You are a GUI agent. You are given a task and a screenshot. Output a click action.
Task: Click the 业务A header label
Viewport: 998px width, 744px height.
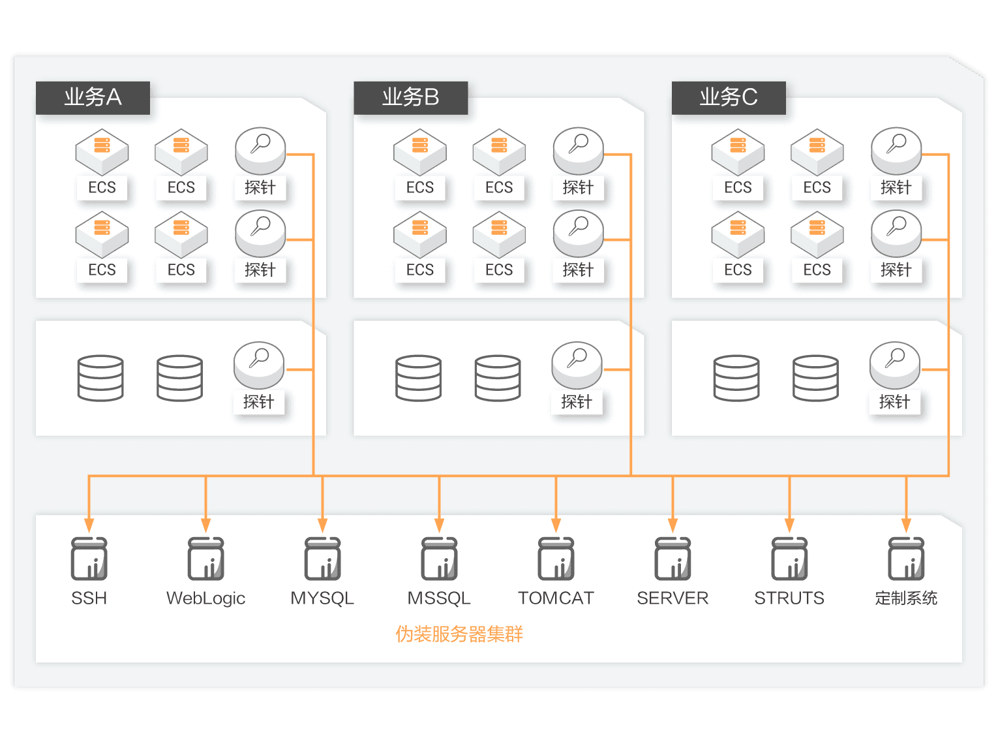point(93,98)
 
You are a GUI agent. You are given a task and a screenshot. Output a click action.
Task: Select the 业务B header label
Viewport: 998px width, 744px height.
point(410,98)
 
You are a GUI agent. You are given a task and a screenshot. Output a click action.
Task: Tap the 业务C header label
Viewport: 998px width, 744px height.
point(729,98)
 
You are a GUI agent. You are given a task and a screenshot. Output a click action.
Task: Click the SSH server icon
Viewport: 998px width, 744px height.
point(89,559)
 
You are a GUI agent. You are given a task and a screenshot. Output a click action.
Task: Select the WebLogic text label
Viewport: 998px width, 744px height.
point(205,598)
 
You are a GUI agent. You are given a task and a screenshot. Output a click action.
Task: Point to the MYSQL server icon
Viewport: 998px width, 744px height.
point(323,559)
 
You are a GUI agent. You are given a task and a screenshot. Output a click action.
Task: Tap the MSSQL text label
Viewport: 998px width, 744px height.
point(439,598)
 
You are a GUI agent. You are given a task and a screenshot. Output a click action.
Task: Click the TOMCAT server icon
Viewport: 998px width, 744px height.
point(556,559)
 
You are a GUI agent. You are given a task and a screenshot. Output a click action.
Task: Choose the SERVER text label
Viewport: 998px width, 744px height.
point(673,598)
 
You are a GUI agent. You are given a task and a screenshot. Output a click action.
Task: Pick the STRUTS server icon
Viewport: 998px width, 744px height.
point(789,559)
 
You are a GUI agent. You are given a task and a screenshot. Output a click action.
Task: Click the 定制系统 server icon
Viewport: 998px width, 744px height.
point(906,559)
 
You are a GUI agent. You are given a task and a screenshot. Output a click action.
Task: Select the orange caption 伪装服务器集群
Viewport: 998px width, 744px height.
point(459,634)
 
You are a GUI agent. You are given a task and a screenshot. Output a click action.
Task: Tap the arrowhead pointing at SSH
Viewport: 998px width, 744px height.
point(89,525)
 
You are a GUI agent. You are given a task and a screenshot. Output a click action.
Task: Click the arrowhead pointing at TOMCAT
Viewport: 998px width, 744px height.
point(556,525)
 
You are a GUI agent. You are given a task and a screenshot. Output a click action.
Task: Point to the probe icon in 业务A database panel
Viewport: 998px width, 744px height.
point(259,365)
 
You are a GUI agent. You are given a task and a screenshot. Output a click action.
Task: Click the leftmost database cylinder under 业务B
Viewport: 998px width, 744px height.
point(419,379)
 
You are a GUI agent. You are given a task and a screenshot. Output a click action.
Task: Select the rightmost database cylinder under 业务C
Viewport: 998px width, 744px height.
point(815,379)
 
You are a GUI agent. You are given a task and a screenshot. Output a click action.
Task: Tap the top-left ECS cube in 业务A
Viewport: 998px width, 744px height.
point(102,152)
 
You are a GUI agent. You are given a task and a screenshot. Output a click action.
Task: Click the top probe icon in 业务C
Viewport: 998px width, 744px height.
point(896,151)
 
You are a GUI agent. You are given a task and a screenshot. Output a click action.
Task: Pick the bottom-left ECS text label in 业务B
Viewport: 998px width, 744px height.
point(420,270)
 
